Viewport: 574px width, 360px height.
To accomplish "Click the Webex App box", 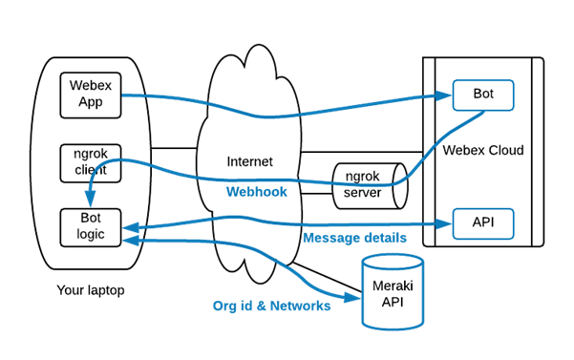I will click(91, 95).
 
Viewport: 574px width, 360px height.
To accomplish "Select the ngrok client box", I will click(91, 161).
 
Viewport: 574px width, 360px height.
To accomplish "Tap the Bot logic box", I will click(91, 225).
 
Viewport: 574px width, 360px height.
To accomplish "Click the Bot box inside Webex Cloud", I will click(483, 95).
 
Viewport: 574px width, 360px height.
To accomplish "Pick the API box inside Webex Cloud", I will click(483, 224).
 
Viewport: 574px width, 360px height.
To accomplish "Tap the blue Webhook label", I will click(256, 191).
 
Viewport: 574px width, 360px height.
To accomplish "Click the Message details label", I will click(354, 238).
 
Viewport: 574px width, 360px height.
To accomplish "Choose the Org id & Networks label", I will click(271, 306).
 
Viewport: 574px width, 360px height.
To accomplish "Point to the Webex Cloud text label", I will click(483, 151).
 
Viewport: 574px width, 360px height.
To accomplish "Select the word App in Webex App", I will click(91, 102).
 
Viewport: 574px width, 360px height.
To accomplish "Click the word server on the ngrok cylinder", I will click(362, 192).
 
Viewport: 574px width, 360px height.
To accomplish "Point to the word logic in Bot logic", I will click(91, 233).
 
